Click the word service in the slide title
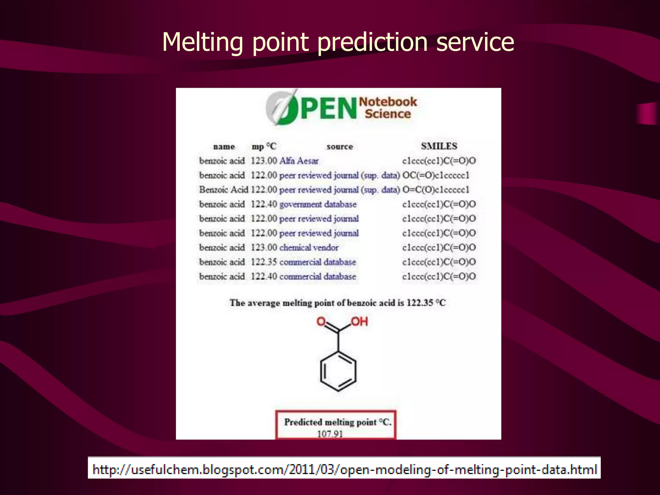click(475, 43)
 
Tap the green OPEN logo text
click(322, 109)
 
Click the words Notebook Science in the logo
click(388, 108)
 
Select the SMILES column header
click(439, 146)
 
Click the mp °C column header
click(264, 147)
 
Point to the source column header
click(340, 147)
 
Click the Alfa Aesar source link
click(299, 161)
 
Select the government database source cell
click(318, 204)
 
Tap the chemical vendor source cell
click(309, 247)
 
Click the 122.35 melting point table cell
click(264, 262)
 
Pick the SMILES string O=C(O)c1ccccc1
click(436, 190)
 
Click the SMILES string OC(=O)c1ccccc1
click(436, 175)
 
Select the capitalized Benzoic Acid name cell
click(224, 190)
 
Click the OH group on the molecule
click(359, 322)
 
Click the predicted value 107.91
click(330, 434)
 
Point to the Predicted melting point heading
click(337, 422)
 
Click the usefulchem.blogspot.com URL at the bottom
click(344, 469)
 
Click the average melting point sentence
click(337, 303)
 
